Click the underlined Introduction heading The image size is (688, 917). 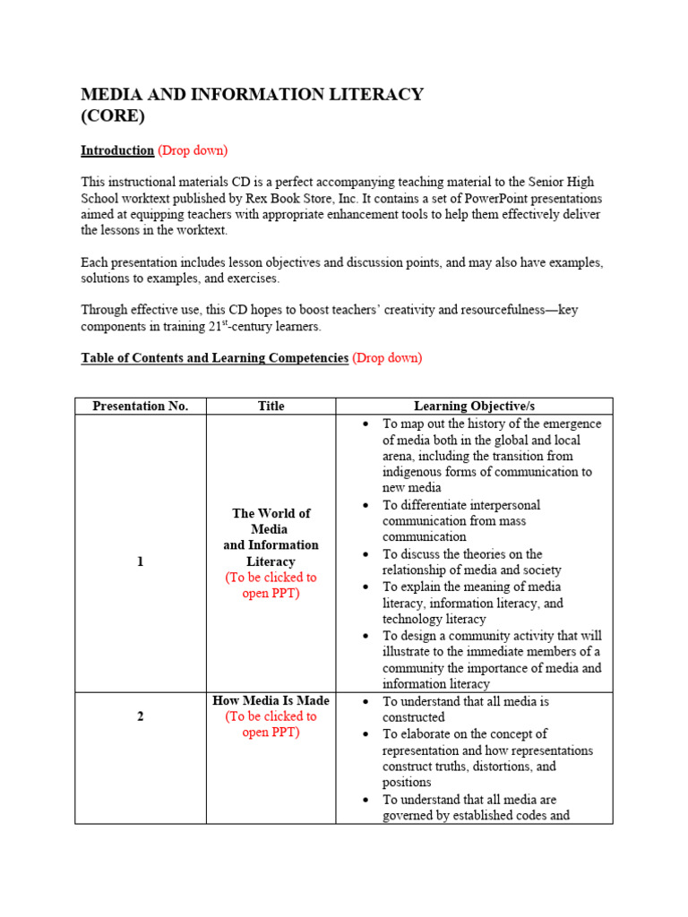117,150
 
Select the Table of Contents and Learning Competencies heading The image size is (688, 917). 214,357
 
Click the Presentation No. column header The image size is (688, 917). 141,406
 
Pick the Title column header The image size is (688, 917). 271,406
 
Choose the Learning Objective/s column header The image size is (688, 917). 474,406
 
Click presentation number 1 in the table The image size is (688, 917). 140,561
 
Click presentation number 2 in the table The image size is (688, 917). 140,716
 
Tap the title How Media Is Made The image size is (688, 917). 271,700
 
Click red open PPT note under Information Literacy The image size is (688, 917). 271,586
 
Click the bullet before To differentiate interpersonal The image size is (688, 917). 365,506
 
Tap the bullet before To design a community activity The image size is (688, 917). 365,636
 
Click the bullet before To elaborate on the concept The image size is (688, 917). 365,734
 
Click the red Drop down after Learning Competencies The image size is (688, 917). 387,357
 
